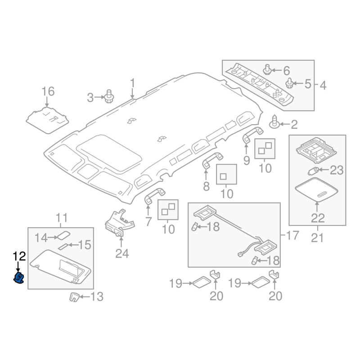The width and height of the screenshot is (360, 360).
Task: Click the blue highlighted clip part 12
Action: [19, 277]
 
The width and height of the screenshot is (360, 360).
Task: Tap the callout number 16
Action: [48, 91]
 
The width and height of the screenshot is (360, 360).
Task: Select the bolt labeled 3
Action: [109, 96]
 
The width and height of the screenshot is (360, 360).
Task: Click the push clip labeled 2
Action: [274, 121]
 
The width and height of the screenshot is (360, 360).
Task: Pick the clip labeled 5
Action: [289, 83]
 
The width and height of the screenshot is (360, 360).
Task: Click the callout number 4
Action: [323, 85]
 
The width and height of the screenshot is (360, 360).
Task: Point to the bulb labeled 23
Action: [313, 171]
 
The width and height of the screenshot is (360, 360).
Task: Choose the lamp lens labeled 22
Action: [317, 189]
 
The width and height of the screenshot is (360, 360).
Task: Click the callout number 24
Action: [122, 253]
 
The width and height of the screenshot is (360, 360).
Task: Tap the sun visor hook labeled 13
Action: [74, 297]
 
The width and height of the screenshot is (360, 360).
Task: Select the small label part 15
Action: [63, 246]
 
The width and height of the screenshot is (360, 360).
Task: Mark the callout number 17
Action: [292, 235]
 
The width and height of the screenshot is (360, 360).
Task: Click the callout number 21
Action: [317, 238]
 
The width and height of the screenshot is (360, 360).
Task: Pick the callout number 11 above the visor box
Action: [61, 217]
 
